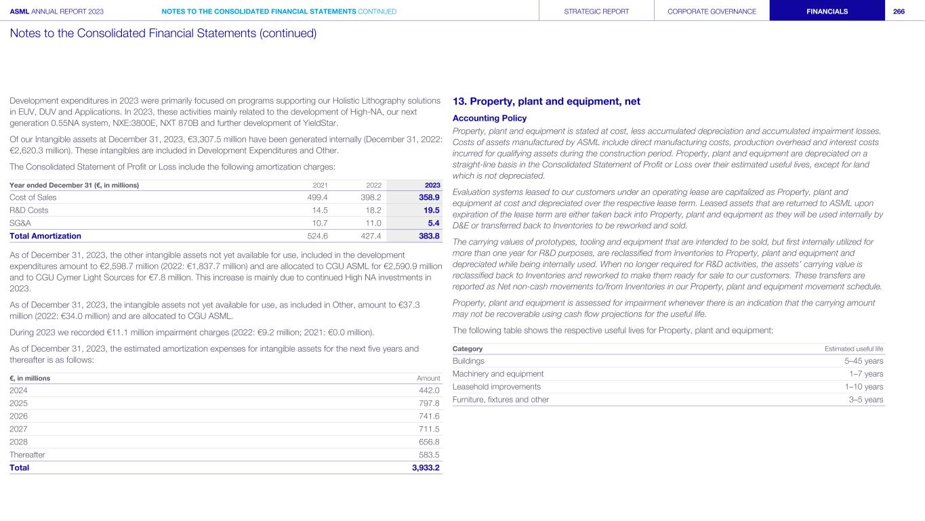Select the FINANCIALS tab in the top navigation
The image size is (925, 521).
coord(827,12)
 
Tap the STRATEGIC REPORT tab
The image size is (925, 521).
coord(596,12)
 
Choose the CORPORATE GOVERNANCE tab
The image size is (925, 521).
coord(712,12)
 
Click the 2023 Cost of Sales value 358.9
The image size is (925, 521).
coord(428,197)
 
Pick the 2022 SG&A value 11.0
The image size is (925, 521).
coord(373,223)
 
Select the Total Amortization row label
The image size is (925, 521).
coord(45,236)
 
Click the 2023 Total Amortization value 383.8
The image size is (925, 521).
coord(428,236)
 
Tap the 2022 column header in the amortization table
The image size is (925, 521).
coord(373,185)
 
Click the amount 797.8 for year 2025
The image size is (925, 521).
coord(429,403)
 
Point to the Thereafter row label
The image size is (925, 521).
coord(27,455)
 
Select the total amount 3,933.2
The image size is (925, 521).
coord(426,467)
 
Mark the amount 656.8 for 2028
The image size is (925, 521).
coord(429,442)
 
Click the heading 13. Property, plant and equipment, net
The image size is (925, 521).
coord(546,102)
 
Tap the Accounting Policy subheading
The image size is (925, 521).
coord(489,118)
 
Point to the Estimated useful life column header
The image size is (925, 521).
coord(854,349)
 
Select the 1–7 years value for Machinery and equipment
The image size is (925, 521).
coord(866,374)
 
